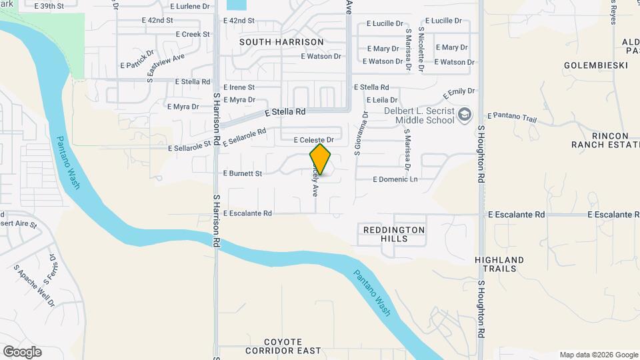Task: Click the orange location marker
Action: (x=320, y=159)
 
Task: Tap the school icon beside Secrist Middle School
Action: (x=465, y=115)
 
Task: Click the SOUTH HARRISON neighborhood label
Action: (x=281, y=42)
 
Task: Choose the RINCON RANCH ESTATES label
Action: (x=601, y=139)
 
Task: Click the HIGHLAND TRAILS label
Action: (x=499, y=264)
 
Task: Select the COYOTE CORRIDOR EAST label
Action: (x=283, y=346)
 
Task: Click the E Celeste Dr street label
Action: (x=313, y=140)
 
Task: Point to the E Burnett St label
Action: (x=243, y=173)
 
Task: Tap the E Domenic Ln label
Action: (x=395, y=179)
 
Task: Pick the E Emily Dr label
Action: (x=459, y=91)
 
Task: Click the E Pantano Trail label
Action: (x=511, y=118)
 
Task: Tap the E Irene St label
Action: (x=239, y=87)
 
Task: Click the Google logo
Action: (x=22, y=351)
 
